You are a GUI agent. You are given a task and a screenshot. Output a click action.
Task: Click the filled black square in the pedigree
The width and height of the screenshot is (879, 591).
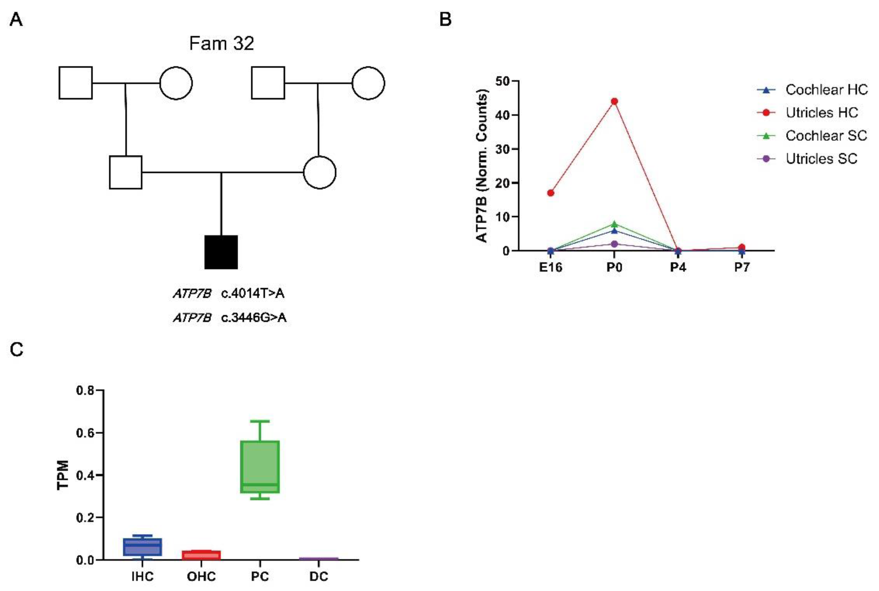(x=221, y=252)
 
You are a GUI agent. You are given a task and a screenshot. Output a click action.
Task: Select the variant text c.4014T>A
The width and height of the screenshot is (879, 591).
(x=253, y=293)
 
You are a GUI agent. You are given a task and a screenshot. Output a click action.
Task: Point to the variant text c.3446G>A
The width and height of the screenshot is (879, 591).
(x=254, y=318)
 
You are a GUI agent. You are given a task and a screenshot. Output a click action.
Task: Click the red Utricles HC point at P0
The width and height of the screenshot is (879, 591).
(x=614, y=101)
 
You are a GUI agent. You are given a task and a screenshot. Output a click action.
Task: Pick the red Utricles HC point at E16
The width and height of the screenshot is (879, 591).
(x=551, y=193)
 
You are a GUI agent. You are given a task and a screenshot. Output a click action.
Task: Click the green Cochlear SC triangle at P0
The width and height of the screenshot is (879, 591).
(x=614, y=224)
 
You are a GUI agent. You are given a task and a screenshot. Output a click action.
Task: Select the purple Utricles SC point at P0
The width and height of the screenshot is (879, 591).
(x=614, y=244)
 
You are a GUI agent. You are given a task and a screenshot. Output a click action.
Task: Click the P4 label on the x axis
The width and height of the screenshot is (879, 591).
(x=678, y=267)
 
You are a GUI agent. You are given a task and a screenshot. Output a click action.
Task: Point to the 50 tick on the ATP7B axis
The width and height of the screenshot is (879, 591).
(x=502, y=81)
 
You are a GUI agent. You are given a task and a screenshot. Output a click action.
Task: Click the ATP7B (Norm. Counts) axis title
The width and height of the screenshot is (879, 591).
(x=482, y=166)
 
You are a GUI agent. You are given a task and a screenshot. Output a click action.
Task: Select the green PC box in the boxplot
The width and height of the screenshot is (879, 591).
(x=260, y=467)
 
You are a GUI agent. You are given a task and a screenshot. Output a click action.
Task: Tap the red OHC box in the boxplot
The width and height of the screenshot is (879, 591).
(x=201, y=555)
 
